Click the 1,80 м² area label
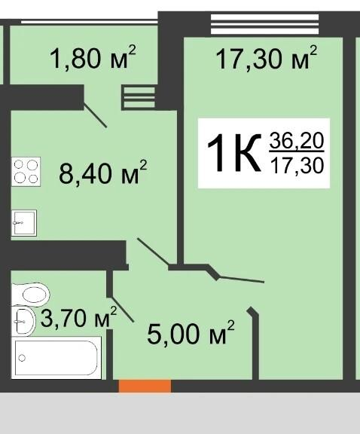point(93,57)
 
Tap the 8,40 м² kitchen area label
point(102,172)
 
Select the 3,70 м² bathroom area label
point(79,317)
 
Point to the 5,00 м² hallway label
point(191,332)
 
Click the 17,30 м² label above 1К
point(266,58)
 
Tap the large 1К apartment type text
point(234,152)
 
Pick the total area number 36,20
point(297,140)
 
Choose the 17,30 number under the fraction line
point(297,166)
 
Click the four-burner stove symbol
point(26,172)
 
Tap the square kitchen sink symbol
point(24,223)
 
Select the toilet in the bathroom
point(31,294)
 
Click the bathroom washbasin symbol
point(23,321)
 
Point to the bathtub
point(56,358)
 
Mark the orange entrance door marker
point(145,386)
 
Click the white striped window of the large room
point(264,24)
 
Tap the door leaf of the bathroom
point(123,310)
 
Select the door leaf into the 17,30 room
point(241,280)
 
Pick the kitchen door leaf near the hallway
point(153,252)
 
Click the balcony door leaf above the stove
point(95,115)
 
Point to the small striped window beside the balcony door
point(138,98)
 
